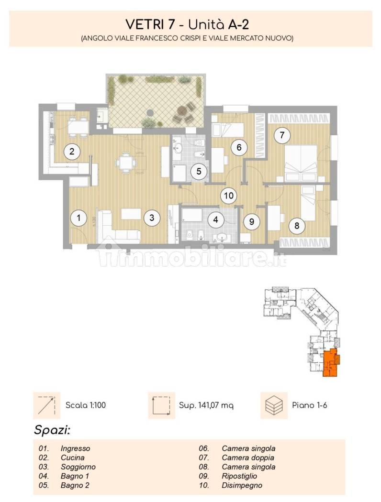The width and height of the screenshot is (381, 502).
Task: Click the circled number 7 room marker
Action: click(282, 135)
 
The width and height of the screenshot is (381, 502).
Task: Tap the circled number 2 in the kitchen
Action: click(72, 151)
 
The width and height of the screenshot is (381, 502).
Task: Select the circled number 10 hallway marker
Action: click(228, 196)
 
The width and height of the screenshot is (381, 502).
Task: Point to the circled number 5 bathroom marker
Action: click(199, 171)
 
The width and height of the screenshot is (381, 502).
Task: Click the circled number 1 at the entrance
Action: click(79, 218)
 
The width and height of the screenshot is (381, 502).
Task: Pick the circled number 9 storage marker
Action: click(252, 221)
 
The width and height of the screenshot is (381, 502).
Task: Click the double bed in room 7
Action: click(301, 164)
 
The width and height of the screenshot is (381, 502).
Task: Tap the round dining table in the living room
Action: click(125, 162)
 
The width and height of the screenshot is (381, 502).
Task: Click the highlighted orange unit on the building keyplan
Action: click(330, 363)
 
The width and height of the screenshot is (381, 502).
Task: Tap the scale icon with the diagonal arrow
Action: click(46, 405)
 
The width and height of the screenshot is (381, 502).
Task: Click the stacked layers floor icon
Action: click(274, 405)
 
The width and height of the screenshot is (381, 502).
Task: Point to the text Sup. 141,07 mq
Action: click(206, 405)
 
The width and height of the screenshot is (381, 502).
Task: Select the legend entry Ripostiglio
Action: click(239, 476)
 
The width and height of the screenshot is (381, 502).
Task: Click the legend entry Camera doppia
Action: click(248, 458)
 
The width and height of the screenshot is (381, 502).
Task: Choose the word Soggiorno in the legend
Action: click(78, 467)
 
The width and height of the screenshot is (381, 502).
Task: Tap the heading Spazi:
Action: click(52, 430)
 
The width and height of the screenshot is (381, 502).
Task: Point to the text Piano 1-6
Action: click(310, 405)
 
